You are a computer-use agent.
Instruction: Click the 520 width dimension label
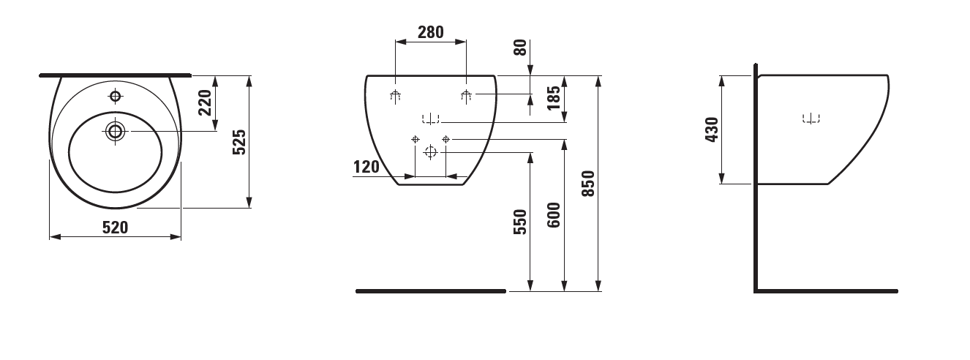[115, 228]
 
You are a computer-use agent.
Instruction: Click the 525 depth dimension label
[239, 142]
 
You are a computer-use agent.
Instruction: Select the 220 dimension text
[205, 102]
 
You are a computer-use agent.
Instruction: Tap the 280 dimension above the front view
[431, 32]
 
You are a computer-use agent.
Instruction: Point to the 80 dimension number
[520, 48]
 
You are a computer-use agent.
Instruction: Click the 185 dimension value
[554, 98]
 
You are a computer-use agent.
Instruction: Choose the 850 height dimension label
[588, 184]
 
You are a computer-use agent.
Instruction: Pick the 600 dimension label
[554, 215]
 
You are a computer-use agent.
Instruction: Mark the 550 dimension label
[520, 222]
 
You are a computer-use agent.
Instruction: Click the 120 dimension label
[366, 167]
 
